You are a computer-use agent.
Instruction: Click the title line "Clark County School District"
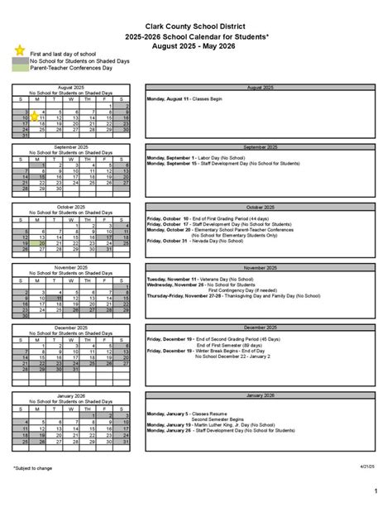(196, 27)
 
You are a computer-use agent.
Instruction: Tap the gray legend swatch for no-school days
(20, 60)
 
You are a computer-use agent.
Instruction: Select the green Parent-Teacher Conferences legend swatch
(20, 68)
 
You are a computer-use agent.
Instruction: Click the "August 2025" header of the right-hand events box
(260, 87)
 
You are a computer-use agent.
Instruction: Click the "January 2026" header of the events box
(260, 395)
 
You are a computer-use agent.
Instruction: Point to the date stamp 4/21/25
(368, 467)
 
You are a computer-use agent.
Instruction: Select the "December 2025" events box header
(260, 328)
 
